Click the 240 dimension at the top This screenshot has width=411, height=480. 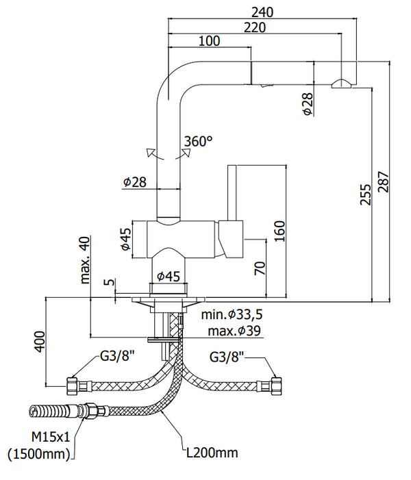tap(262, 12)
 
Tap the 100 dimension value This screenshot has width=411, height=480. tap(209, 41)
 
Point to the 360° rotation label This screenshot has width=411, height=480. tap(199, 142)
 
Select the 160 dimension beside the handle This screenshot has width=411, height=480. tap(278, 232)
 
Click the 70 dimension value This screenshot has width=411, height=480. tap(260, 268)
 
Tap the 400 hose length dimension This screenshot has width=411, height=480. tap(39, 340)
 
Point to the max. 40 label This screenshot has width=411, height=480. tap(85, 260)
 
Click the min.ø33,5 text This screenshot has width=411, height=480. tap(233, 315)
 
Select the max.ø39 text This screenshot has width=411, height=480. tap(228, 331)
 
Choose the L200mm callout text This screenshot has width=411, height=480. tap(213, 453)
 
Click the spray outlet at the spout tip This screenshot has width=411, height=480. tap(340, 84)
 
